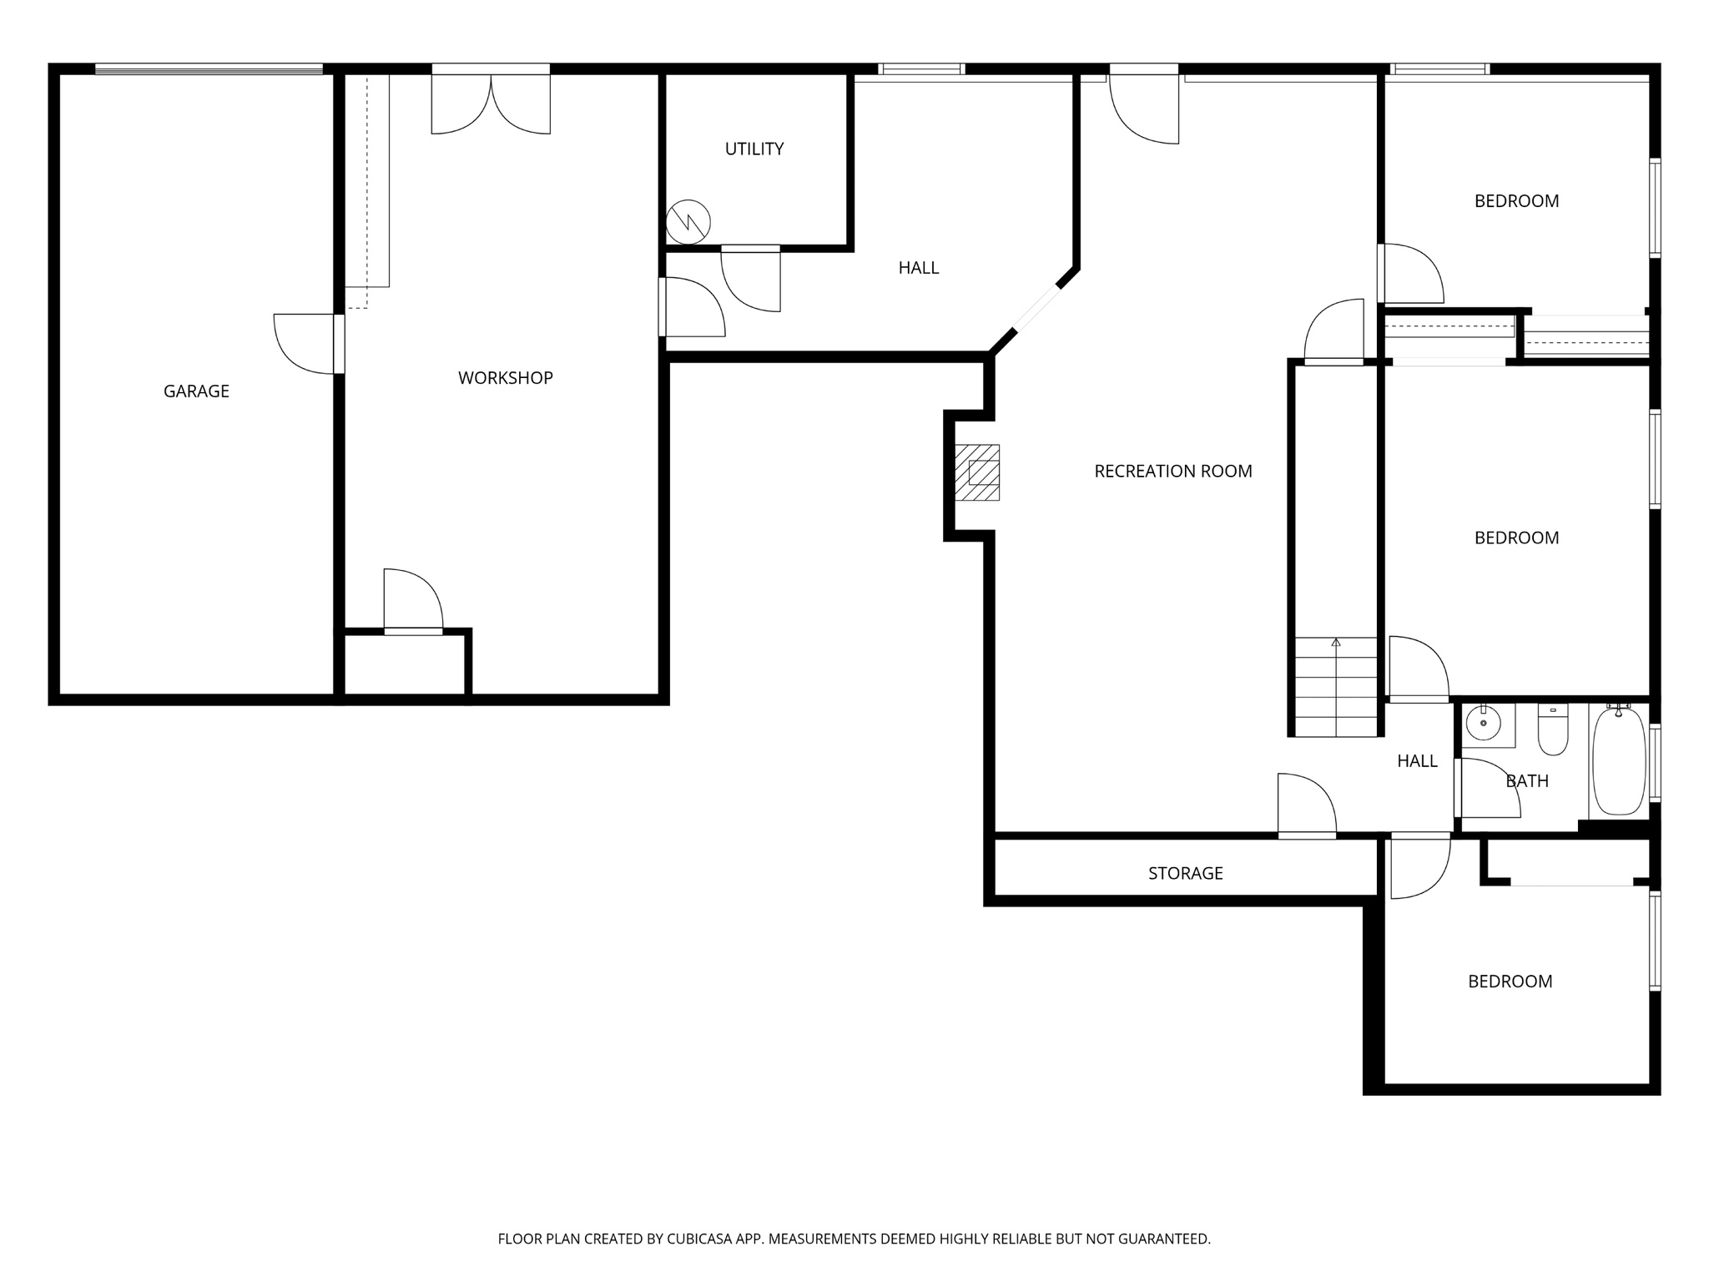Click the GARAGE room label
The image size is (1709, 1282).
click(196, 391)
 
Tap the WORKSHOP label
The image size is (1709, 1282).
click(505, 377)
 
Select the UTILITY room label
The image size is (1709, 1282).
click(754, 149)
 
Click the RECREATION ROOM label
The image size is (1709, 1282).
click(1172, 471)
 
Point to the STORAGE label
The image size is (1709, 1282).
click(1185, 873)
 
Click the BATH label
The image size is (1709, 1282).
click(1527, 780)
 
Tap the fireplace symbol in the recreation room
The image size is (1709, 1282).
click(978, 472)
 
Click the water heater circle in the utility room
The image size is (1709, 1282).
click(688, 221)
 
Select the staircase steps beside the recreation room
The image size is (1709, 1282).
click(1335, 687)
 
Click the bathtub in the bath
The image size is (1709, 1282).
click(1619, 760)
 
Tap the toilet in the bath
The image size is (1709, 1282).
click(1553, 730)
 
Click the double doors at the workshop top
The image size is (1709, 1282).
click(491, 104)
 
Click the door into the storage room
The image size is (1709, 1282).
click(1307, 805)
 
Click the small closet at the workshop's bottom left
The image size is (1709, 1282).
click(405, 664)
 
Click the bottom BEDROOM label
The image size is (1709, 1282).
click(1510, 981)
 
